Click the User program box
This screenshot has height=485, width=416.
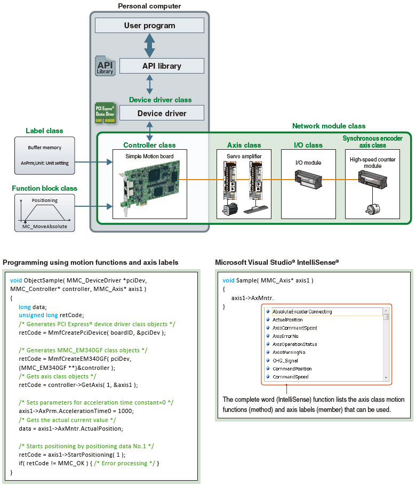click(x=149, y=26)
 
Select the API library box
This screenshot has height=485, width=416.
click(x=162, y=66)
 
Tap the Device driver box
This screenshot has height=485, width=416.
click(x=162, y=113)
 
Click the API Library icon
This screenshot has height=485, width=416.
click(x=105, y=66)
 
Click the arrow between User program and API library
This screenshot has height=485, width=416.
click(x=149, y=46)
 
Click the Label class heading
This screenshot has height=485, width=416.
click(x=44, y=131)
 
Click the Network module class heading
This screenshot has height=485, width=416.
click(x=329, y=126)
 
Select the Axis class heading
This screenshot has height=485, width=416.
click(x=244, y=144)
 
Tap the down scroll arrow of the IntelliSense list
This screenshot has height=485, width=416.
click(x=386, y=377)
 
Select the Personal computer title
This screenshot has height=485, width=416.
click(x=149, y=6)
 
